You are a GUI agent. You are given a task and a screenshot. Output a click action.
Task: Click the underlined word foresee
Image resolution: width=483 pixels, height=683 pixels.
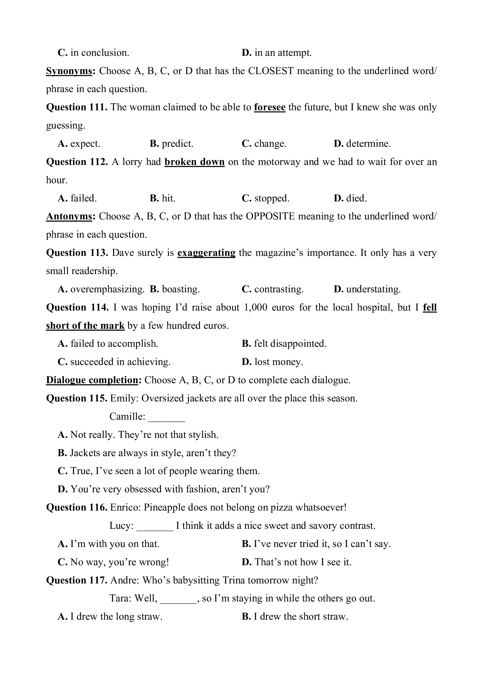pyautogui.click(x=269, y=107)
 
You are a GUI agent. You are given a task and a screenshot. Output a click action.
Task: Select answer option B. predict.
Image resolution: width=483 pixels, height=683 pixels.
pyautogui.click(x=171, y=144)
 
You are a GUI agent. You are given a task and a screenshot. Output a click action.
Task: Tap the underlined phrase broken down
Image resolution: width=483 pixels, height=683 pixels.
pyautogui.click(x=194, y=162)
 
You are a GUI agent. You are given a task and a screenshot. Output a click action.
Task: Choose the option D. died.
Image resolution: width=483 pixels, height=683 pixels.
pyautogui.click(x=350, y=198)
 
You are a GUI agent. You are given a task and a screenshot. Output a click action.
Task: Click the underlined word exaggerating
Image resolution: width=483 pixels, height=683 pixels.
pyautogui.click(x=206, y=253)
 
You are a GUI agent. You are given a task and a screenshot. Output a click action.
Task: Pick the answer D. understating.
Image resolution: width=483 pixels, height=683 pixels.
pyautogui.click(x=367, y=289)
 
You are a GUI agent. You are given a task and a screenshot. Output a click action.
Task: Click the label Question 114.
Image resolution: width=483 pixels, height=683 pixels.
pyautogui.click(x=77, y=307)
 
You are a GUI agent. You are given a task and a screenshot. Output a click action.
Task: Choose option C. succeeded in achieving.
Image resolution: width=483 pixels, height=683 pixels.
pyautogui.click(x=114, y=362)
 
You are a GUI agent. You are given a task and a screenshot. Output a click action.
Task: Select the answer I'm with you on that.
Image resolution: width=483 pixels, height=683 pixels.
pyautogui.click(x=109, y=544)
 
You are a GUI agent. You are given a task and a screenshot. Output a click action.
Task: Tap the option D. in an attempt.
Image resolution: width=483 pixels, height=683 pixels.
pyautogui.click(x=277, y=53)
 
